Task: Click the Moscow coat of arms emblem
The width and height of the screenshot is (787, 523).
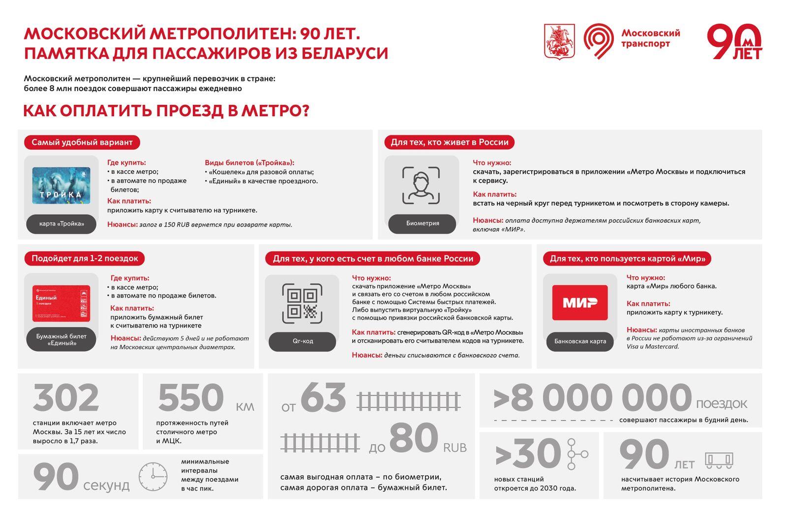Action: [x=559, y=41]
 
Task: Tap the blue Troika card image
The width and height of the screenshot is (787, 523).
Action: [x=61, y=186]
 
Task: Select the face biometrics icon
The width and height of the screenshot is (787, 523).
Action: [x=421, y=185]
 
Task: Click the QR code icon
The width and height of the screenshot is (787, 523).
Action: [x=302, y=303]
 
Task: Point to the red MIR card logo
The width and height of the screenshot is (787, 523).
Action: [x=580, y=302]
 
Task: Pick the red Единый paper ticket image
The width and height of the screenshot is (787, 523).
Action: [x=61, y=303]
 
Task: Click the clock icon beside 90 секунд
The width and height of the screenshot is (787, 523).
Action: [x=152, y=476]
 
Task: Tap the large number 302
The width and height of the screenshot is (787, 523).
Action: [x=66, y=398]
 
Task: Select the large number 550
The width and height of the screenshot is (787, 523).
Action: [x=191, y=398]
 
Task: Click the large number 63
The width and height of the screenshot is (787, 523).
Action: [x=323, y=398]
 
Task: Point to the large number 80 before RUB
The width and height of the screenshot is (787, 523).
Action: [x=414, y=438]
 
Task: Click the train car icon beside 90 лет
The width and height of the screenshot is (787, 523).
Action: [x=719, y=460]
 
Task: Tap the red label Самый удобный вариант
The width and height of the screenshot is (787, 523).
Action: [x=82, y=142]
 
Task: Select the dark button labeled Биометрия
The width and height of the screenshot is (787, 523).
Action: [x=422, y=224]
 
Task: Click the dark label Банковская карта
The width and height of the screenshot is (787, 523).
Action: [x=580, y=341]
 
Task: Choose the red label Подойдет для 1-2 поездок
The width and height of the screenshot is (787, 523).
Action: [x=85, y=259]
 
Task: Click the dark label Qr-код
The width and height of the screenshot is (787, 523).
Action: [x=302, y=341]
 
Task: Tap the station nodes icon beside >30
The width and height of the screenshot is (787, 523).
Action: [x=575, y=454]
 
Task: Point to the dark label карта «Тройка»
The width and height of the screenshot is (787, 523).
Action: [x=61, y=224]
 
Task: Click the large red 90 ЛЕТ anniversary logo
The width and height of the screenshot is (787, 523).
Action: [x=734, y=42]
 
